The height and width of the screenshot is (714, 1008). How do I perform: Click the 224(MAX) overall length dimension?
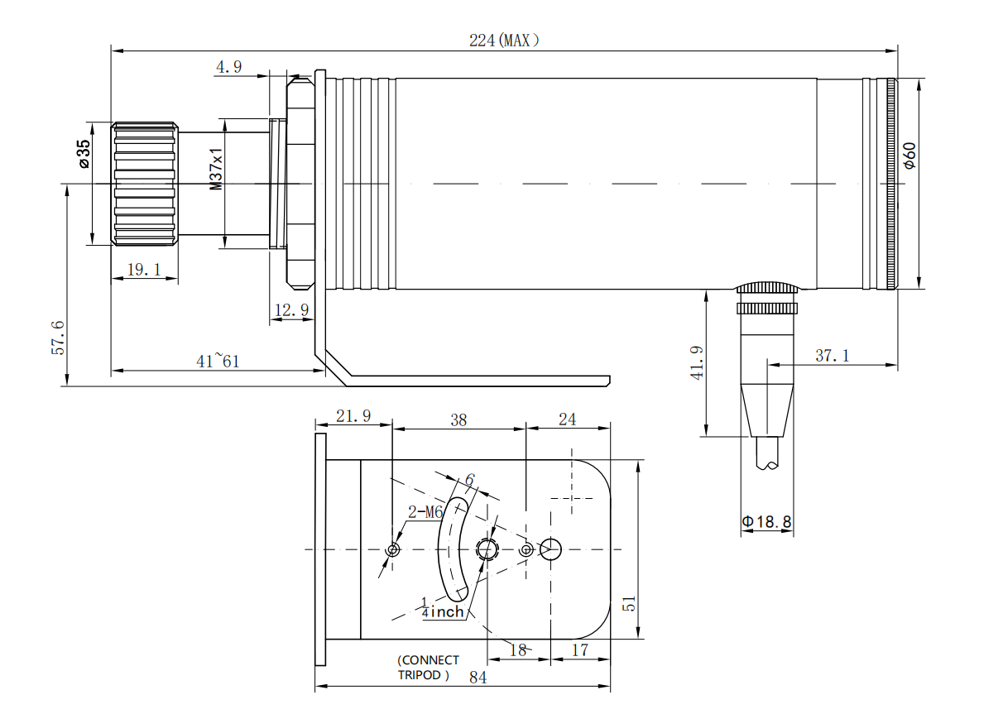[x=504, y=40]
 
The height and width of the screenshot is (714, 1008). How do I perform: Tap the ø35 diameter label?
[x=83, y=154]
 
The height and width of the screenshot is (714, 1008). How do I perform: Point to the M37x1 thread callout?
[x=216, y=170]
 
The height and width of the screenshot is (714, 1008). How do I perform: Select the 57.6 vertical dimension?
[x=58, y=335]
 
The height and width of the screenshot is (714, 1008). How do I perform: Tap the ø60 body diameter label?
[x=910, y=156]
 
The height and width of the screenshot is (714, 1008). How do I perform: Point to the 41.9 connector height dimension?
[x=698, y=362]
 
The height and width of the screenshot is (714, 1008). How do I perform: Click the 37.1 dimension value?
[x=832, y=356]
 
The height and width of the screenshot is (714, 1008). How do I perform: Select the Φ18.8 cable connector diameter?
[x=766, y=522]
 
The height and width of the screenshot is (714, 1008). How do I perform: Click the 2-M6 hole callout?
[x=425, y=512]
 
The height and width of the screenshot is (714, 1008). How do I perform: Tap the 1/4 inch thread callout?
[x=441, y=609]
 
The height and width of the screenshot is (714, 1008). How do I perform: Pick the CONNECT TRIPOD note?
[x=427, y=668]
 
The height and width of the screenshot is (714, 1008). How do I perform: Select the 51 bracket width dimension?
[x=630, y=604]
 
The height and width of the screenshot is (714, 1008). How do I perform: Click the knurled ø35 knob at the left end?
[x=145, y=183]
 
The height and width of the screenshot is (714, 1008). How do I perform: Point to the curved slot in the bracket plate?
[x=454, y=547]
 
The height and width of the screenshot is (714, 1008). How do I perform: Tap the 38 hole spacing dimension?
[x=458, y=420]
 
